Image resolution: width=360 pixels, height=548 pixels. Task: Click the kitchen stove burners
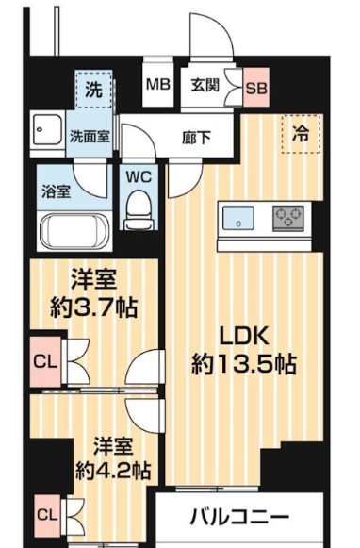[288, 218]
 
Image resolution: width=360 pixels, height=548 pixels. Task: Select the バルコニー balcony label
[239, 518]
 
